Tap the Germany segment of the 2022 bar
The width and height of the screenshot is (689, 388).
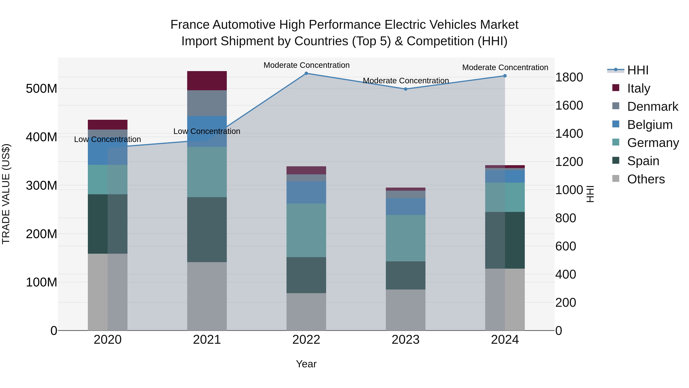pos(306,230)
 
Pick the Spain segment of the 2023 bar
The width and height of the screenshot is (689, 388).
pos(406,275)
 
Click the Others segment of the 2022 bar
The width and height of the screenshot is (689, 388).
pos(306,312)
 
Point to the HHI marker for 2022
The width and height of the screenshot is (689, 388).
pos(306,73)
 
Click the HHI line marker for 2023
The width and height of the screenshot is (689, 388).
pos(406,89)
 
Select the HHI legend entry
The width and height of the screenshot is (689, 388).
pos(638,70)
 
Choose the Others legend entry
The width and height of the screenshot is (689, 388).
pos(646,179)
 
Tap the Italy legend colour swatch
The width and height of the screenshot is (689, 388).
pos(616,88)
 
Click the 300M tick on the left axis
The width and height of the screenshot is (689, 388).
pos(42,185)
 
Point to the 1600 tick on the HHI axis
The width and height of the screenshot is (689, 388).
pos(569,106)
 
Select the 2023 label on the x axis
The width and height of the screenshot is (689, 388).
pos(406,340)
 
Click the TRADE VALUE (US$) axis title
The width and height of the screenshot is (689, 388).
pos(6,194)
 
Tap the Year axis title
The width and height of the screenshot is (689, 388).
pos(306,364)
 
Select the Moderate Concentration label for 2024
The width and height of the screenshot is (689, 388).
pos(505,67)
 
